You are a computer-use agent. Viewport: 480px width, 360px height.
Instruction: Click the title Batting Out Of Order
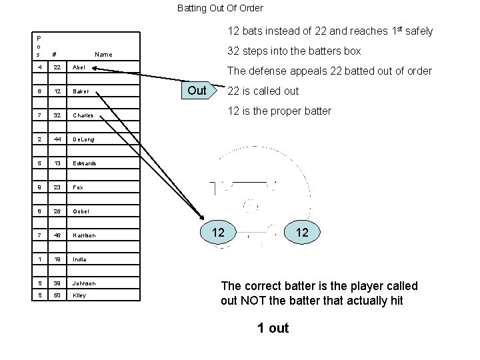point(220,9)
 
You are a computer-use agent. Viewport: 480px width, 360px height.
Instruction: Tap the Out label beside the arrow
point(197,90)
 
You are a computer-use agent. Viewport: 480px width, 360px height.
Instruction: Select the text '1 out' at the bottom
point(273,328)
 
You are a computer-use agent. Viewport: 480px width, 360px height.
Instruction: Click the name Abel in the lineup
point(79,68)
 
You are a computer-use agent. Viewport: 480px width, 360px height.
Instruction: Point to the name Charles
point(83,116)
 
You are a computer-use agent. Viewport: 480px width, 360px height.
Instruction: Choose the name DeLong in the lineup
point(83,139)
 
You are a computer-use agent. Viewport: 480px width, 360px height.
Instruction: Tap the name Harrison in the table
point(84,235)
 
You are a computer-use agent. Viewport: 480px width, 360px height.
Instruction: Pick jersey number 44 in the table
point(57,139)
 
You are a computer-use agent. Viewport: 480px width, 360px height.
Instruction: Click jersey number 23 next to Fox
point(57,187)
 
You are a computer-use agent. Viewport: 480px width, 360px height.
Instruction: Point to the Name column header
point(103,55)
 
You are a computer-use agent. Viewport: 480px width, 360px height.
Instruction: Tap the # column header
point(53,55)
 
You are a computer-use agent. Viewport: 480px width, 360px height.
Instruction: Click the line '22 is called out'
point(263,91)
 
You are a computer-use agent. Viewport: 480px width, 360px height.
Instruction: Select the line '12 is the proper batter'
point(279,111)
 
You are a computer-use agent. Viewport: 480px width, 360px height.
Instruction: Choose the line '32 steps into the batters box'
point(294,51)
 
